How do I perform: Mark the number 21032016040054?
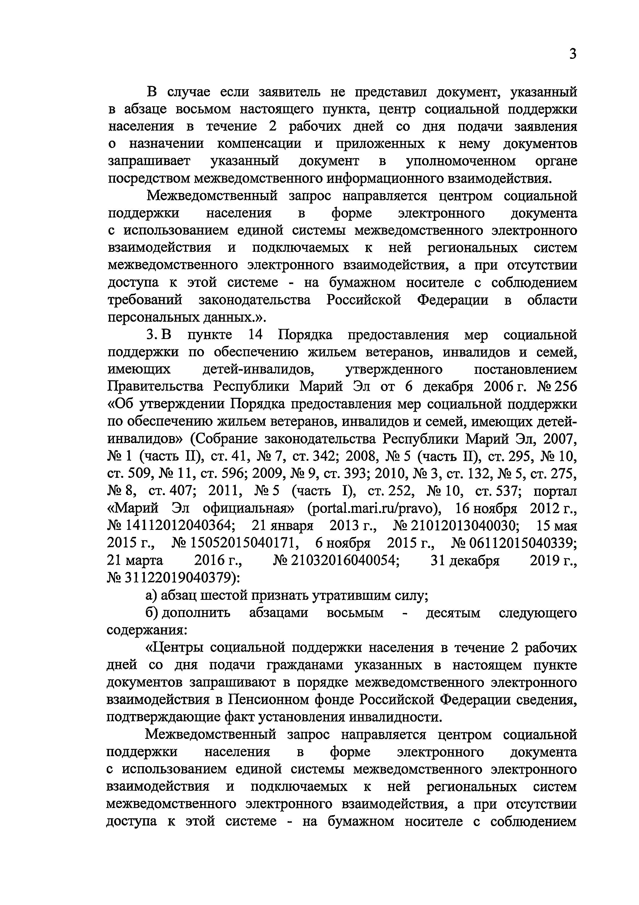(345, 561)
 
